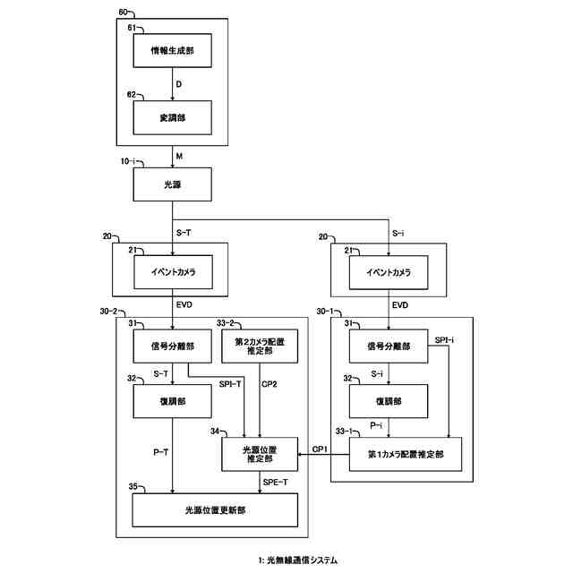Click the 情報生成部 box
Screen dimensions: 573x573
tap(171, 54)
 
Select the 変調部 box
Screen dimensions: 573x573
tap(171, 115)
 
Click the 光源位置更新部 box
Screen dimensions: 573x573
tap(216, 509)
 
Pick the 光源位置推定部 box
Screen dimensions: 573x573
tap(259, 453)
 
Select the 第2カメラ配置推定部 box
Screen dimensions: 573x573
tap(259, 346)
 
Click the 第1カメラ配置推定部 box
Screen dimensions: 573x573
tap(406, 454)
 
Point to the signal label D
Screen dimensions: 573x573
tap(179, 85)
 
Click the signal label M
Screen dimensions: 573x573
tap(179, 156)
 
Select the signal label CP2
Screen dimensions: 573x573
tap(269, 384)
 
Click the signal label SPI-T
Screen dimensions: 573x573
tap(231, 384)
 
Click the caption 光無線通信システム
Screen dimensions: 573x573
tap(302, 560)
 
